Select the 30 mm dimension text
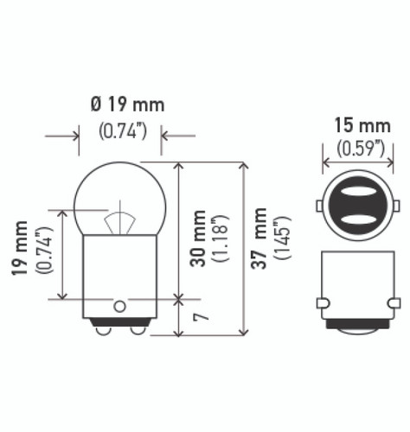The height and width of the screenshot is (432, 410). (x=198, y=238)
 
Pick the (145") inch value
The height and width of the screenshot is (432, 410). (x=281, y=238)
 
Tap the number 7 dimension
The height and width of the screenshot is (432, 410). (x=198, y=317)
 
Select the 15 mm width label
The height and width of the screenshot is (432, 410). (x=360, y=126)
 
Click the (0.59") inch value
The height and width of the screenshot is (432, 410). (x=360, y=148)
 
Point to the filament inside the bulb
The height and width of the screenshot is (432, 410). (x=120, y=223)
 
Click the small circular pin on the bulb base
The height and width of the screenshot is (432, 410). (x=119, y=305)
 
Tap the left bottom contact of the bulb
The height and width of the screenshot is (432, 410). (x=103, y=329)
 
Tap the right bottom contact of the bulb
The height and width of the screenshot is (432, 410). (x=137, y=329)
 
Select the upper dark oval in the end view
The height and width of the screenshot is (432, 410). (x=360, y=194)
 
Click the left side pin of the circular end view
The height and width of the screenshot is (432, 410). (x=320, y=206)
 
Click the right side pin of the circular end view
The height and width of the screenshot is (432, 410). (x=399, y=206)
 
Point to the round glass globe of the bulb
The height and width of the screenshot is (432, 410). (x=120, y=192)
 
